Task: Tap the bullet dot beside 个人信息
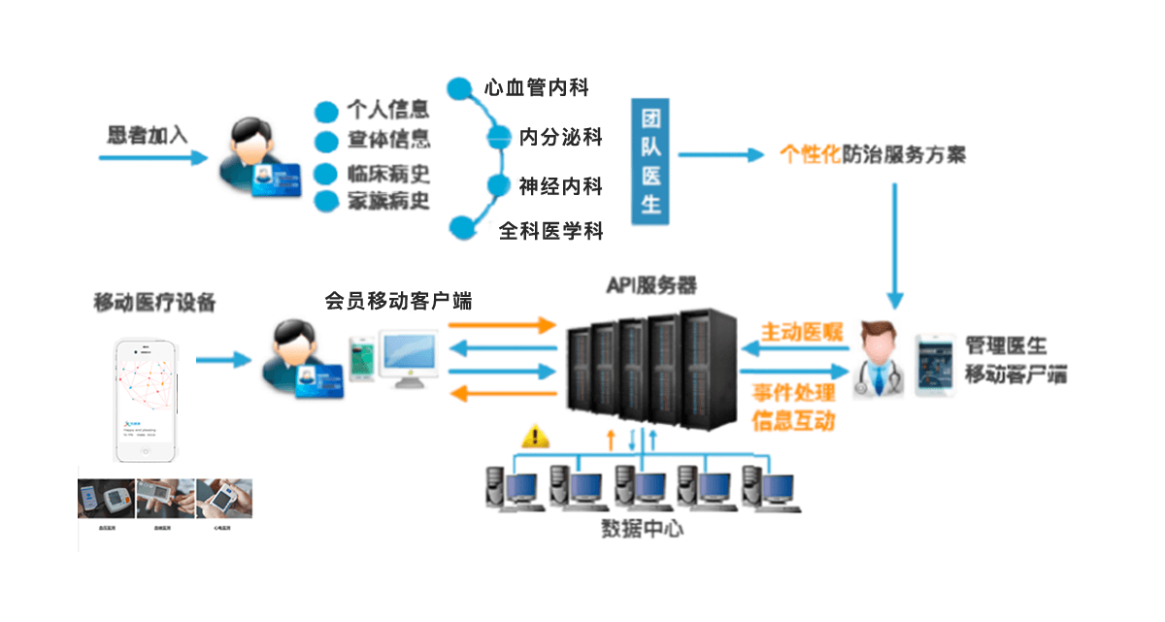pyautogui.click(x=326, y=110)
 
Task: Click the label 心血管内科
pyautogui.click(x=537, y=87)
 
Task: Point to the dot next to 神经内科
pyautogui.click(x=499, y=185)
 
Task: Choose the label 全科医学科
pyautogui.click(x=551, y=231)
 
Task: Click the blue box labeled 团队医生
pyautogui.click(x=650, y=161)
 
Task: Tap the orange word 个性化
pyautogui.click(x=810, y=154)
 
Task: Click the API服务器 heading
pyautogui.click(x=652, y=284)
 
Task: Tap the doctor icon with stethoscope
pyautogui.click(x=878, y=360)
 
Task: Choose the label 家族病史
pyautogui.click(x=388, y=201)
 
